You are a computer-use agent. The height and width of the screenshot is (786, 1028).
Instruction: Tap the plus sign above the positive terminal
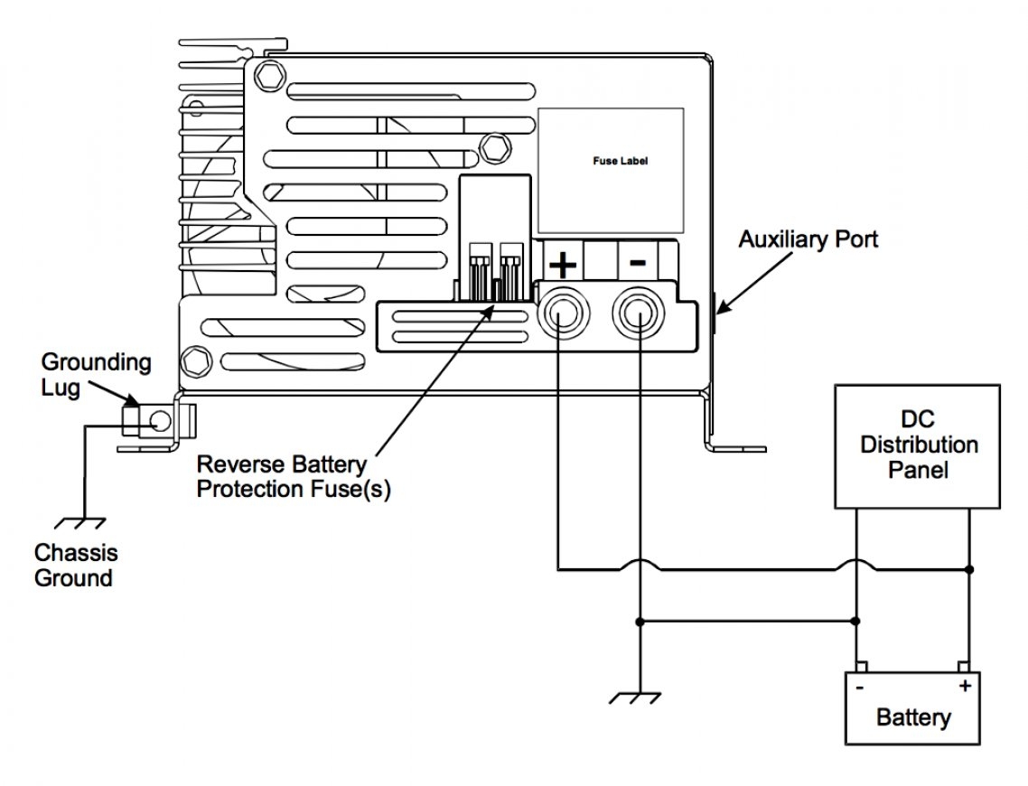563,265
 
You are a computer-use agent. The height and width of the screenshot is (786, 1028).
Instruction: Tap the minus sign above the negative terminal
637,263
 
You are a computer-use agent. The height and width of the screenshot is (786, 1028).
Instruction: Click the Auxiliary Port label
808,240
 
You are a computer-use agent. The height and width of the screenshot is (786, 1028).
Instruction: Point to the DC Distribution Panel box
918,445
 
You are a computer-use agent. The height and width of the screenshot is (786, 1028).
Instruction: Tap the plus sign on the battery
965,686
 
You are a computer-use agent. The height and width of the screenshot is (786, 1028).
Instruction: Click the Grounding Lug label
96,375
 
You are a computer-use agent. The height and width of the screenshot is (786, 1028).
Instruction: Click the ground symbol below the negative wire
639,698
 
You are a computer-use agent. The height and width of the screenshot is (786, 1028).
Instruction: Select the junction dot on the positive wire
969,570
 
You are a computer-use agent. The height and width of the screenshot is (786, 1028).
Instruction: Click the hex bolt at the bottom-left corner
193,361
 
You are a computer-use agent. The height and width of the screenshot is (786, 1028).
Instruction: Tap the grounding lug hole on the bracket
160,420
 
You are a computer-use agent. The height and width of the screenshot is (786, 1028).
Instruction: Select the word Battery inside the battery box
912,718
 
